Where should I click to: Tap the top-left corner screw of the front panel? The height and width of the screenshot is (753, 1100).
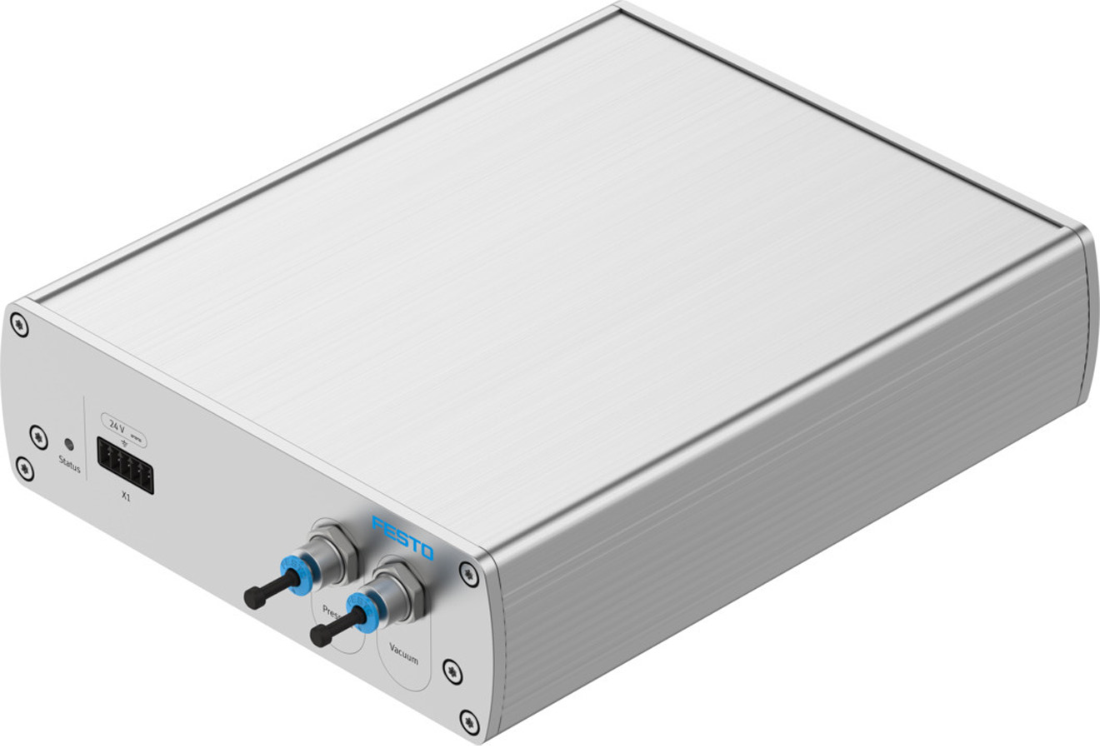pos(20,325)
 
